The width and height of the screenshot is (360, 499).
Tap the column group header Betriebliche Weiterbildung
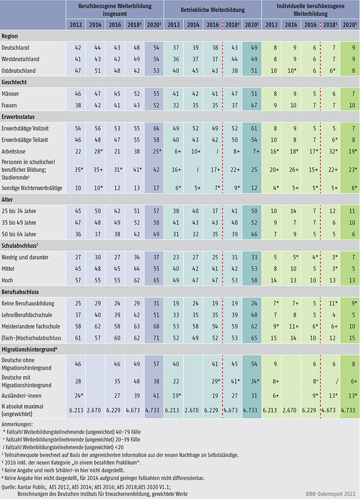point(213,8)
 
